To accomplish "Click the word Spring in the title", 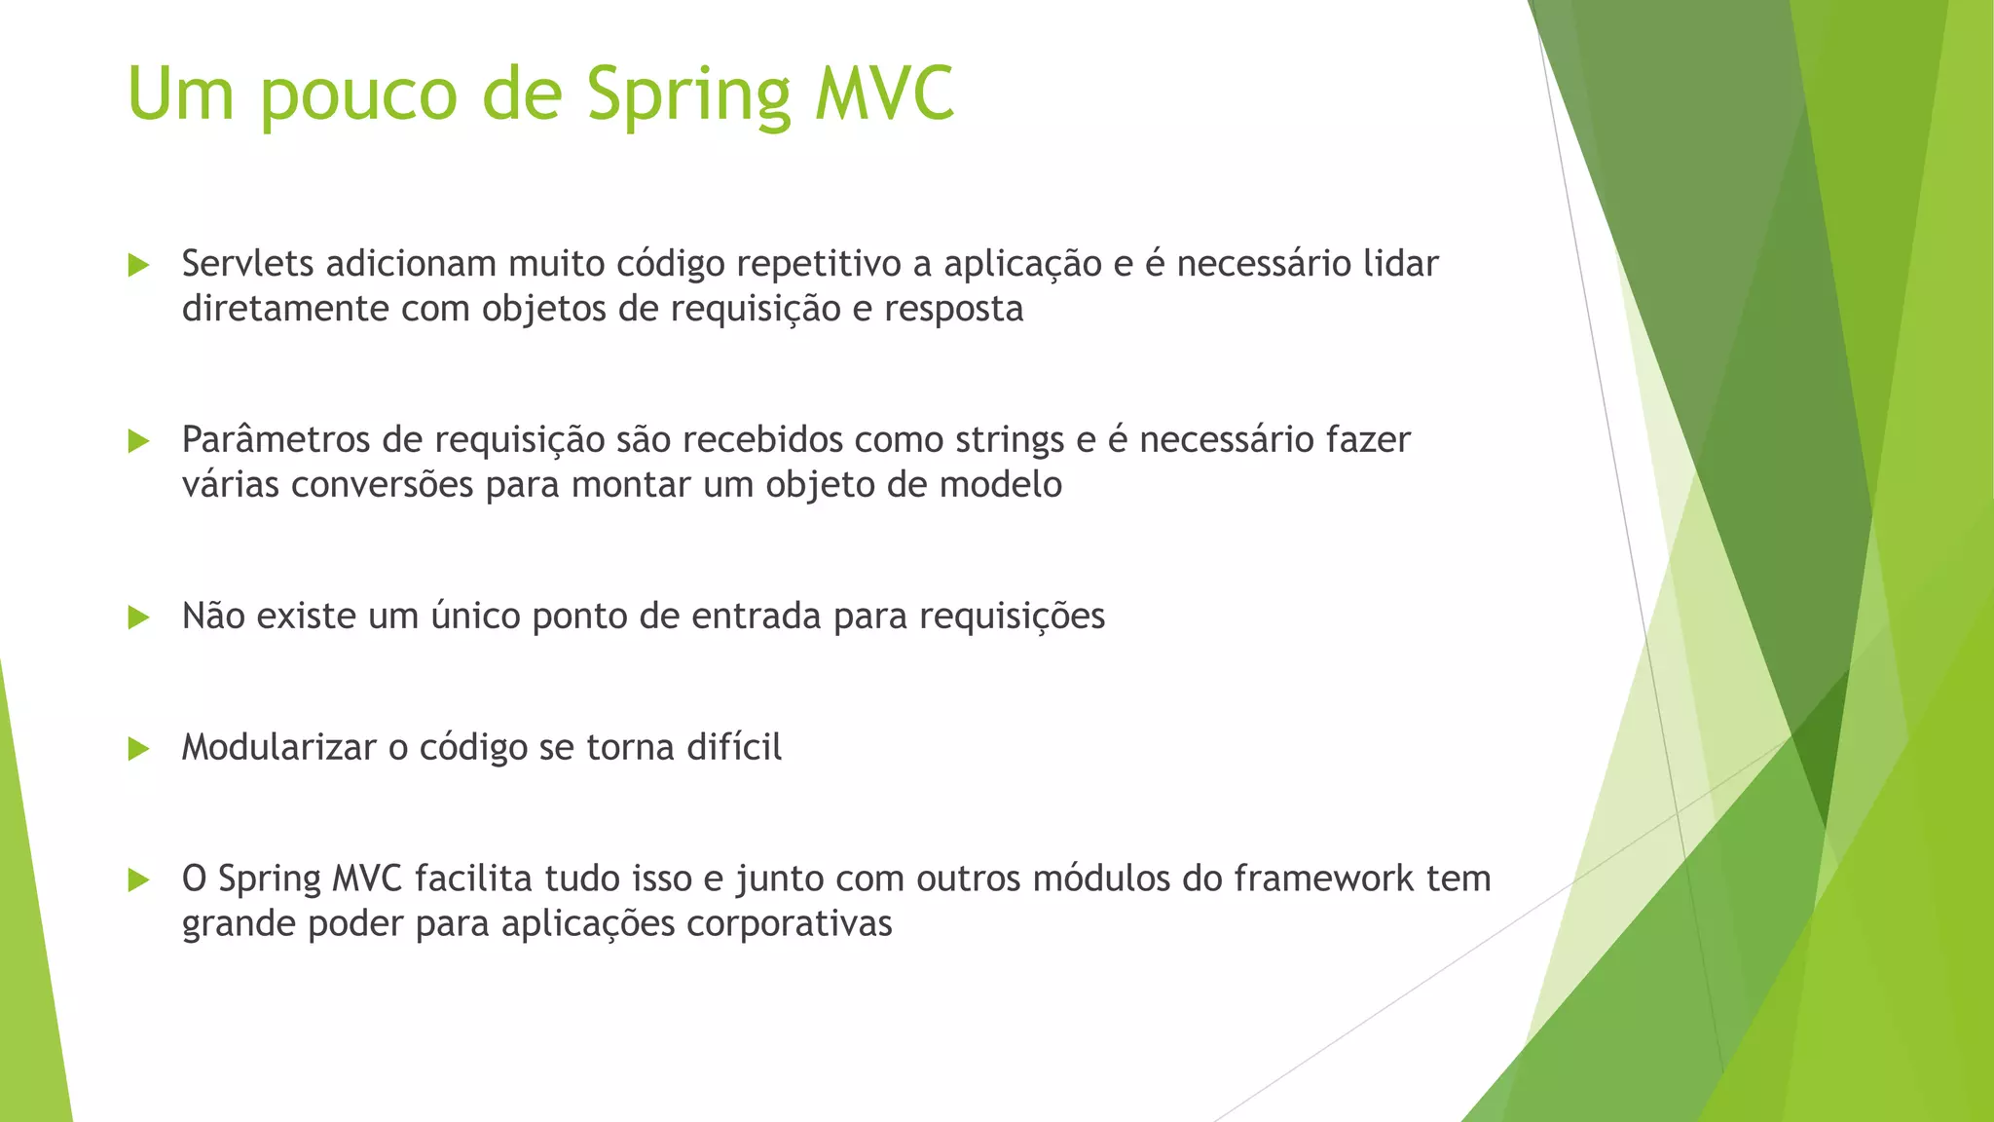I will coord(689,95).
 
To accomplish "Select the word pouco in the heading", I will coord(358,95).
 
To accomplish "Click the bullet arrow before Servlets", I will coord(138,265).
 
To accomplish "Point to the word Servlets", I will coord(247,264).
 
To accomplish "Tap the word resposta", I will coord(953,310).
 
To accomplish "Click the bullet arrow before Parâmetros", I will coord(138,441).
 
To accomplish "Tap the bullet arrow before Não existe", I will coord(138,617).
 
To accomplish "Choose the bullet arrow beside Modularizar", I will coord(138,749).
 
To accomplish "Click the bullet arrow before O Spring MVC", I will coord(138,880).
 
